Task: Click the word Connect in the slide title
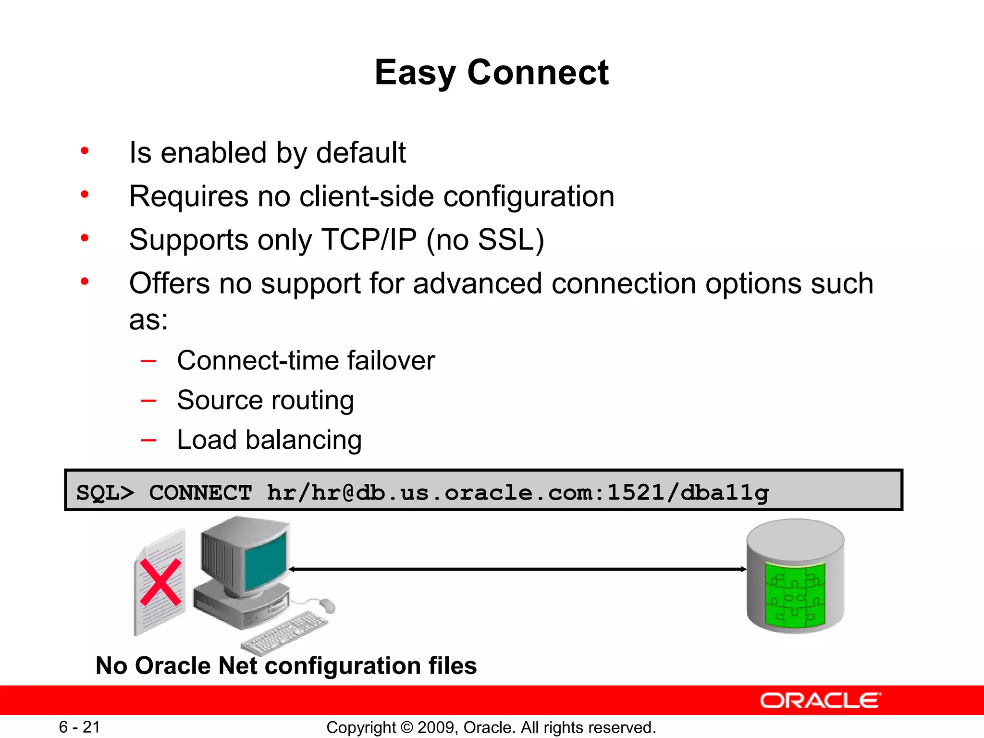coord(538,73)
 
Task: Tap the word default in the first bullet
coord(361,153)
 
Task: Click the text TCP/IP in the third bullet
coord(369,240)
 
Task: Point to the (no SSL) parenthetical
coord(485,240)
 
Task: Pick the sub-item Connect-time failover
coord(306,360)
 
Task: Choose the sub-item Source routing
coord(265,400)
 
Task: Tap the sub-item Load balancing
coord(269,440)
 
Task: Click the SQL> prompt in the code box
coord(105,492)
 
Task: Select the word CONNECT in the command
coord(200,492)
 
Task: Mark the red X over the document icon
coord(160,582)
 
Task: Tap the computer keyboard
coord(285,631)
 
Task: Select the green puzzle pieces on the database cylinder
coord(795,596)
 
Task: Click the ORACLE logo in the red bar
coord(820,701)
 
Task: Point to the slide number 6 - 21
coord(79,727)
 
